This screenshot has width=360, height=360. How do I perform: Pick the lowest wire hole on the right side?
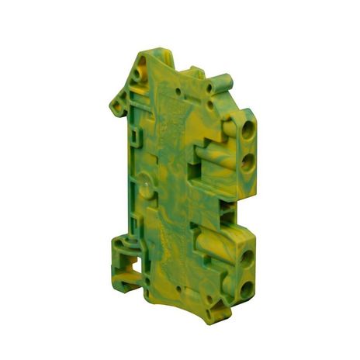click(x=247, y=290)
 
